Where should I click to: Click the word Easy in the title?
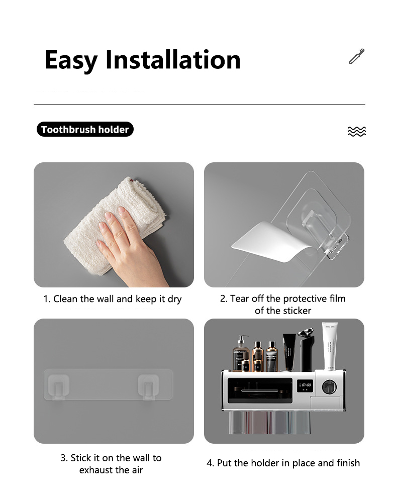click(x=71, y=60)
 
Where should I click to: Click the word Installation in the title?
click(x=173, y=59)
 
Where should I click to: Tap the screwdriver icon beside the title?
click(x=357, y=56)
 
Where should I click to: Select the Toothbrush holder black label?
click(x=85, y=129)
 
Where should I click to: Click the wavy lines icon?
click(x=356, y=132)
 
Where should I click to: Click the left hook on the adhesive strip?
click(x=58, y=387)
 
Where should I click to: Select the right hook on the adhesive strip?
click(x=148, y=387)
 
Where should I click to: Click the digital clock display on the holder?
click(x=305, y=385)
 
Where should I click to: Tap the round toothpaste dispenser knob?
click(x=329, y=387)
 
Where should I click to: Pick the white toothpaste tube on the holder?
click(x=330, y=347)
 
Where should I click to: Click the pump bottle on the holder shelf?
click(x=241, y=354)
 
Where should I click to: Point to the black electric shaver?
click(x=307, y=349)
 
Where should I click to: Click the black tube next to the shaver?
click(x=289, y=352)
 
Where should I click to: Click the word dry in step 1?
click(x=174, y=299)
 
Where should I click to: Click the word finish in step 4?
click(x=348, y=463)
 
